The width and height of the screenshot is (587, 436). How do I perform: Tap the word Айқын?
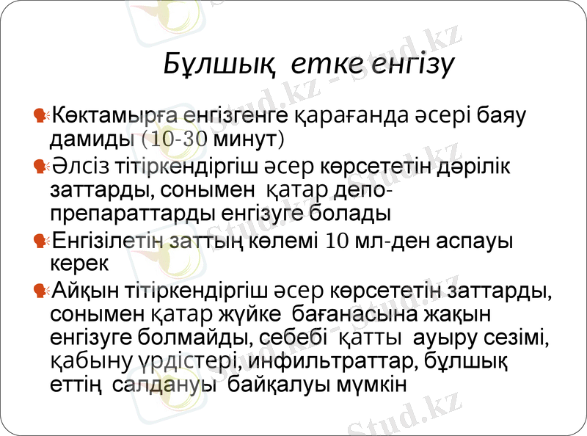[x=79, y=291]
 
